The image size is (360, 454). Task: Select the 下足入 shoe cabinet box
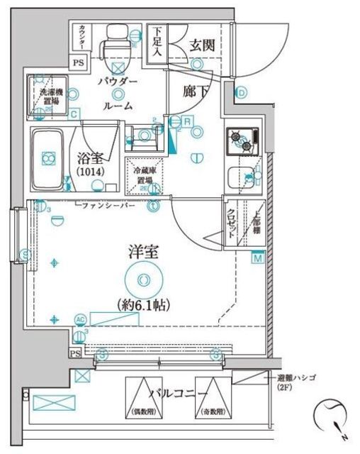tap(156, 42)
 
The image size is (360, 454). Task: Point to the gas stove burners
tap(240, 141)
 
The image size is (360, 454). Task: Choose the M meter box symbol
tap(257, 258)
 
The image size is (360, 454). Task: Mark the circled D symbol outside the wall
tap(241, 92)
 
